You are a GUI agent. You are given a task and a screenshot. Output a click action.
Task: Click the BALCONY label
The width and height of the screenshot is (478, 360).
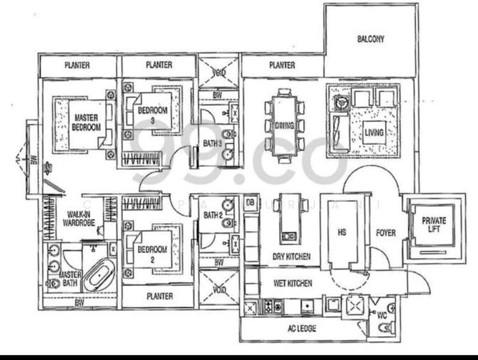370,40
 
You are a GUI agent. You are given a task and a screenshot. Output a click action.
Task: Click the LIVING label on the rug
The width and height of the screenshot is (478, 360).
373,132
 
